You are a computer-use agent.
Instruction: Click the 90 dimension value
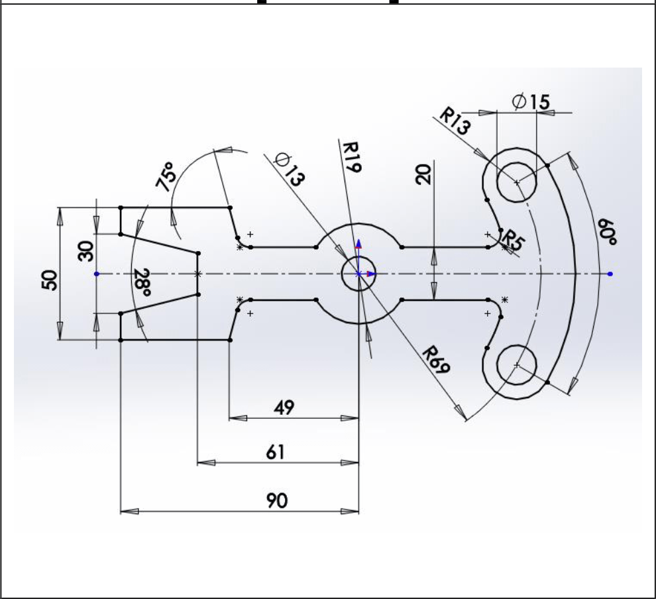[x=278, y=501]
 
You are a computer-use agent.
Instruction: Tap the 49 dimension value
[x=286, y=406]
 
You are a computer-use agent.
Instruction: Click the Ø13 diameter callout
[x=290, y=170]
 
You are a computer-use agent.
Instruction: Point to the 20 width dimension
[x=425, y=174]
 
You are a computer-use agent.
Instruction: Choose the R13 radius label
[x=455, y=123]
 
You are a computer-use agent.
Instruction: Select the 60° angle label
[x=605, y=233]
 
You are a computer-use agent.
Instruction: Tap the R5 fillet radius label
[x=512, y=240]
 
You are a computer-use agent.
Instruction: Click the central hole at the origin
[x=358, y=274]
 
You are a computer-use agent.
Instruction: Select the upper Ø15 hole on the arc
[x=516, y=181]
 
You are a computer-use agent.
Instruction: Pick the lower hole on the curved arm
[x=516, y=365]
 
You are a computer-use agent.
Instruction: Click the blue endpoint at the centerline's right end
[x=610, y=274]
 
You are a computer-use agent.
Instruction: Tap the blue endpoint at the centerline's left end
[x=97, y=274]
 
